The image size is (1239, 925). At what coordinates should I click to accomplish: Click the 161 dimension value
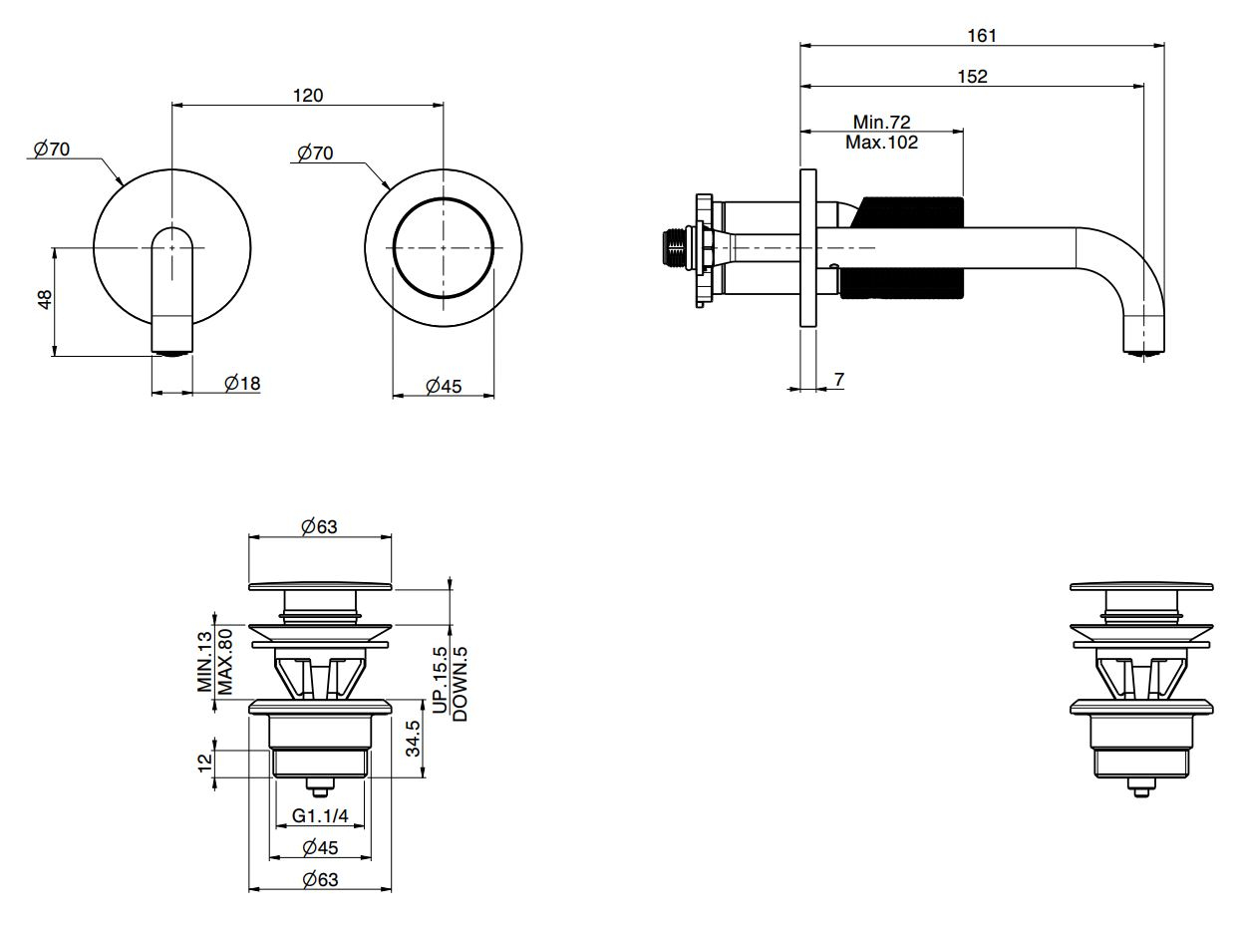click(982, 36)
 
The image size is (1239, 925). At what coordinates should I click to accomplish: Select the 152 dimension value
click(973, 77)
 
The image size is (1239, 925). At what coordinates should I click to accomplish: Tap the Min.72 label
click(881, 123)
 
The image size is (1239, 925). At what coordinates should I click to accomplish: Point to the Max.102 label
click(881, 143)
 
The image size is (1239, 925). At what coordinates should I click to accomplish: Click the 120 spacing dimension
click(308, 96)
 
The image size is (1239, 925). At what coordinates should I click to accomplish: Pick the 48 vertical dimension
click(45, 301)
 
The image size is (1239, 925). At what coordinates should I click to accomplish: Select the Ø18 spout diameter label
click(242, 383)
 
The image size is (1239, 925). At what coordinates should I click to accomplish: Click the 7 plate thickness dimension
click(838, 380)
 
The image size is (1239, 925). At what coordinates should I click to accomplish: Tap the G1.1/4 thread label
click(320, 816)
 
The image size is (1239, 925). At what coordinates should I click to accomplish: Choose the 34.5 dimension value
click(413, 739)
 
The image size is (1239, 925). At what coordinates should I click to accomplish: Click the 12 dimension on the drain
click(205, 763)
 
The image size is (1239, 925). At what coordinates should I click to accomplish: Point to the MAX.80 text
click(225, 661)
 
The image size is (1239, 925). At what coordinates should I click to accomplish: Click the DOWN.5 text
click(460, 683)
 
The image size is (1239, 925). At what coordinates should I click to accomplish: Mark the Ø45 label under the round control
click(444, 386)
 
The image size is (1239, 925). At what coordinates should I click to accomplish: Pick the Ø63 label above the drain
click(319, 526)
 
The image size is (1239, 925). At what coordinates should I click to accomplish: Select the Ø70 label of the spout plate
click(52, 150)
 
